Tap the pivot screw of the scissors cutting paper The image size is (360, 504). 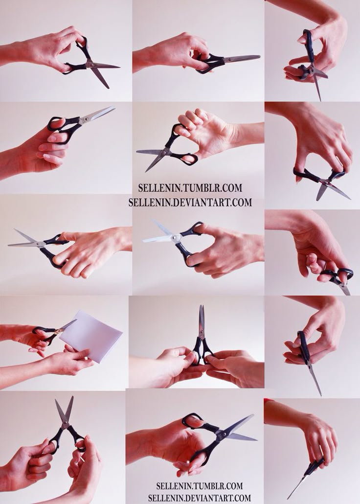point(58,331)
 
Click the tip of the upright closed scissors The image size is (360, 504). point(201,306)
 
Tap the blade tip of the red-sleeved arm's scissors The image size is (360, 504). point(288,498)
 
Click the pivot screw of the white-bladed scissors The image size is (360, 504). point(176,238)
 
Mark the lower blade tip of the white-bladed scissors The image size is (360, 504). point(144,241)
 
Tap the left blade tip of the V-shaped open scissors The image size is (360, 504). point(56,400)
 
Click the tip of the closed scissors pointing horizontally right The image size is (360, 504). point(259,57)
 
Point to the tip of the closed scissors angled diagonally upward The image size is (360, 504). point(114,107)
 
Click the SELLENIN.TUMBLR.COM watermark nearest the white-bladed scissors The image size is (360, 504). point(190,188)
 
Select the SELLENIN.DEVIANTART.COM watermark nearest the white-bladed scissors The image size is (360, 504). point(190,202)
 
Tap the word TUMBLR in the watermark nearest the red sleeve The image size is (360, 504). point(206,485)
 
